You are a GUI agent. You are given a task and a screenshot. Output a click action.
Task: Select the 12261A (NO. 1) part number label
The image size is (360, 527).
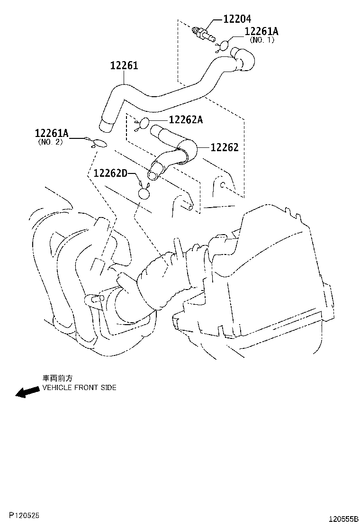[x=261, y=32]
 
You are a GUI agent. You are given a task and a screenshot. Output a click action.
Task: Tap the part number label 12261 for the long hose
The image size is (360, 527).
[x=124, y=66]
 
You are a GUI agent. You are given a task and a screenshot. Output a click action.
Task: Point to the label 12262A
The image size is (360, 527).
[x=186, y=120]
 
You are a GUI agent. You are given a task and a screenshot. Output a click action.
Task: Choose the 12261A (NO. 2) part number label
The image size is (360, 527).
[x=52, y=134]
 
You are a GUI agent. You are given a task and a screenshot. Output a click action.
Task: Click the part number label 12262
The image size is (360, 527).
[x=224, y=147]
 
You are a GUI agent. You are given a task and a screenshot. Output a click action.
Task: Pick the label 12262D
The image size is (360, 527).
[x=110, y=173]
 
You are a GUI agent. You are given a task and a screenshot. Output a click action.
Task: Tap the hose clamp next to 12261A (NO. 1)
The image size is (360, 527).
[x=223, y=45]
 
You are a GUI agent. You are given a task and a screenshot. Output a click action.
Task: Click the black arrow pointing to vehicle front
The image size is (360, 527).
[x=27, y=392]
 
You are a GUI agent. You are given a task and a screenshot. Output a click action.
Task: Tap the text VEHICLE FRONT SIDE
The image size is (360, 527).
[x=79, y=388]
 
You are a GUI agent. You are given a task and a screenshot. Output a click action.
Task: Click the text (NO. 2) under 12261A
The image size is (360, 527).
[x=50, y=142]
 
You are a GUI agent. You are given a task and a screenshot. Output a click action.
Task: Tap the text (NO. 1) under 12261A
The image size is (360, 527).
[x=262, y=40]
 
